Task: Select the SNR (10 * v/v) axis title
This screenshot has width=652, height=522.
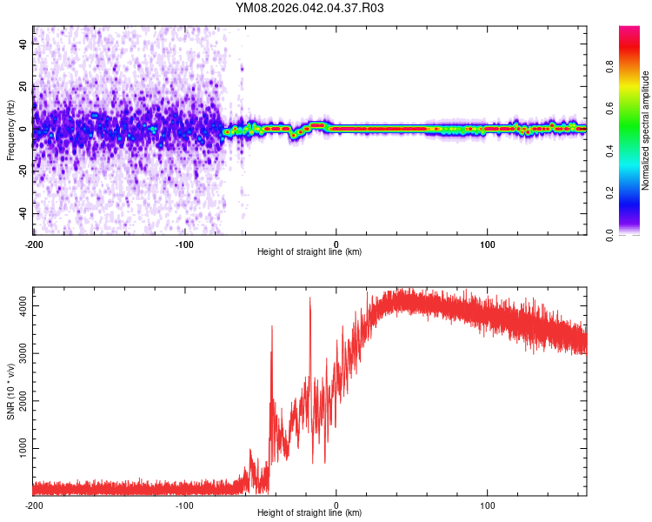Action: [10, 391]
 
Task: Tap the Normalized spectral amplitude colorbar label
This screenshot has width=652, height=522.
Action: [646, 130]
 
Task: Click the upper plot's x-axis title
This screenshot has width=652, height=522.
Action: [309, 251]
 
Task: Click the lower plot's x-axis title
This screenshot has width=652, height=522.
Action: [309, 512]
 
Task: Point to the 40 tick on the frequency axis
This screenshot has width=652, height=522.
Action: [23, 44]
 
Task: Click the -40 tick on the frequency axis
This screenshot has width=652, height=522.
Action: [23, 213]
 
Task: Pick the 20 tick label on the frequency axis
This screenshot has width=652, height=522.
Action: [23, 87]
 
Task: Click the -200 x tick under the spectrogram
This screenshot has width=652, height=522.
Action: [33, 244]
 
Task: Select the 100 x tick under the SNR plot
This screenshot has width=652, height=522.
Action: [488, 505]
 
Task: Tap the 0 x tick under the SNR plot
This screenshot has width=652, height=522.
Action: [336, 505]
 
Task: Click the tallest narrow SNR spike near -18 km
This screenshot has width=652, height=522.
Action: [309, 298]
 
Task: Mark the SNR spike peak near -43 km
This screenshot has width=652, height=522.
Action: [271, 326]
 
